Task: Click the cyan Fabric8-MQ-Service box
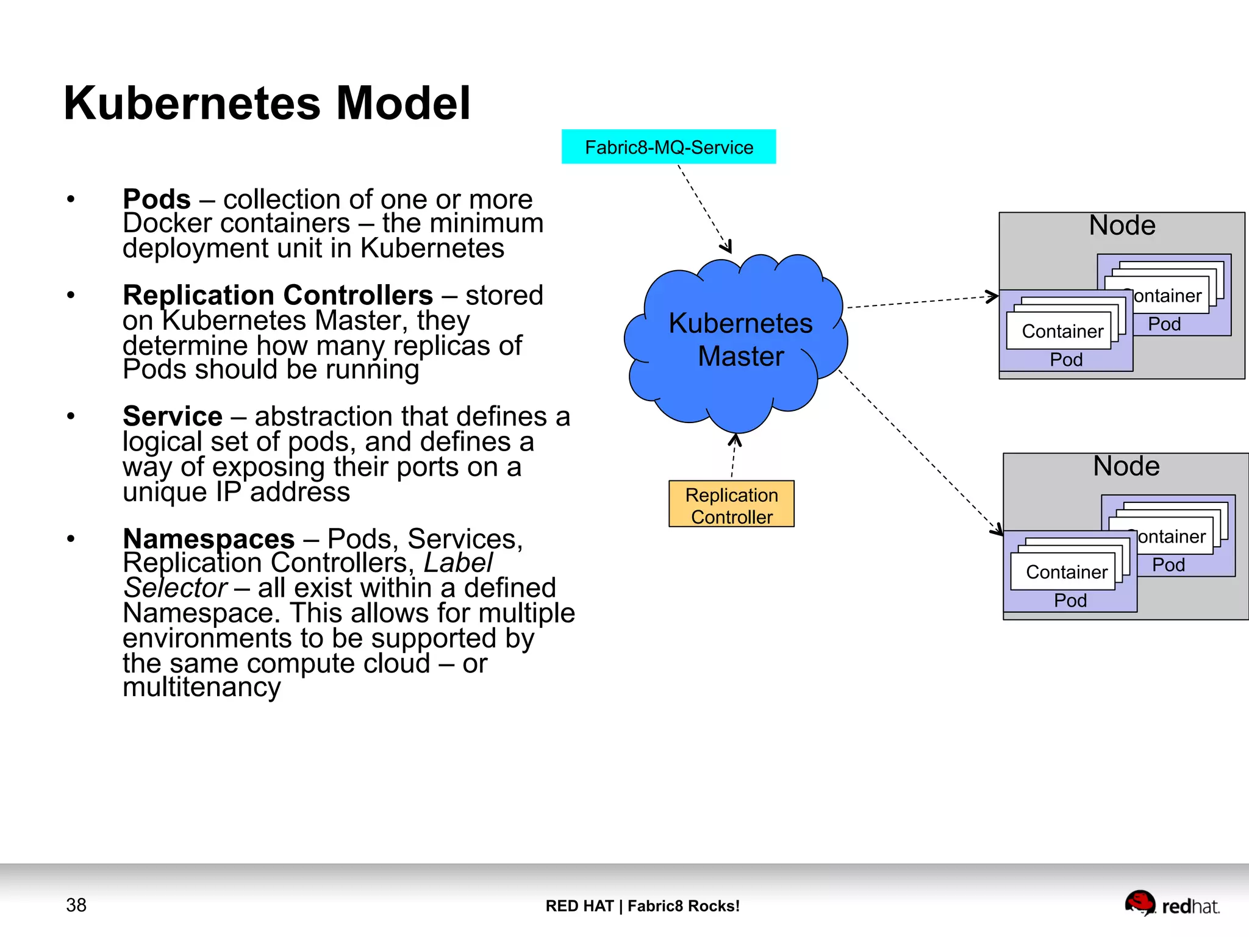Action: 668,147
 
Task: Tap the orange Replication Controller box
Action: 731,504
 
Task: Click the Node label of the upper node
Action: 1122,226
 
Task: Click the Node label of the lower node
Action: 1126,466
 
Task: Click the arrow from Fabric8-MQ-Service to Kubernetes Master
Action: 704,208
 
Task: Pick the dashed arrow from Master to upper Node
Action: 921,302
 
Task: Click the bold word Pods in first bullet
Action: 157,199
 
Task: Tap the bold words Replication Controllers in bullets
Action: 277,295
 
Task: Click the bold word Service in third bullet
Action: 173,416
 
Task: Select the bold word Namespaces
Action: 209,539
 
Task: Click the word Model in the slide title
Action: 403,103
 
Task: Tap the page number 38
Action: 76,905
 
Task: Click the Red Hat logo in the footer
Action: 1171,905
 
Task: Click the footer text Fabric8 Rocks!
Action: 683,906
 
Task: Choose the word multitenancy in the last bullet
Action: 201,688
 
